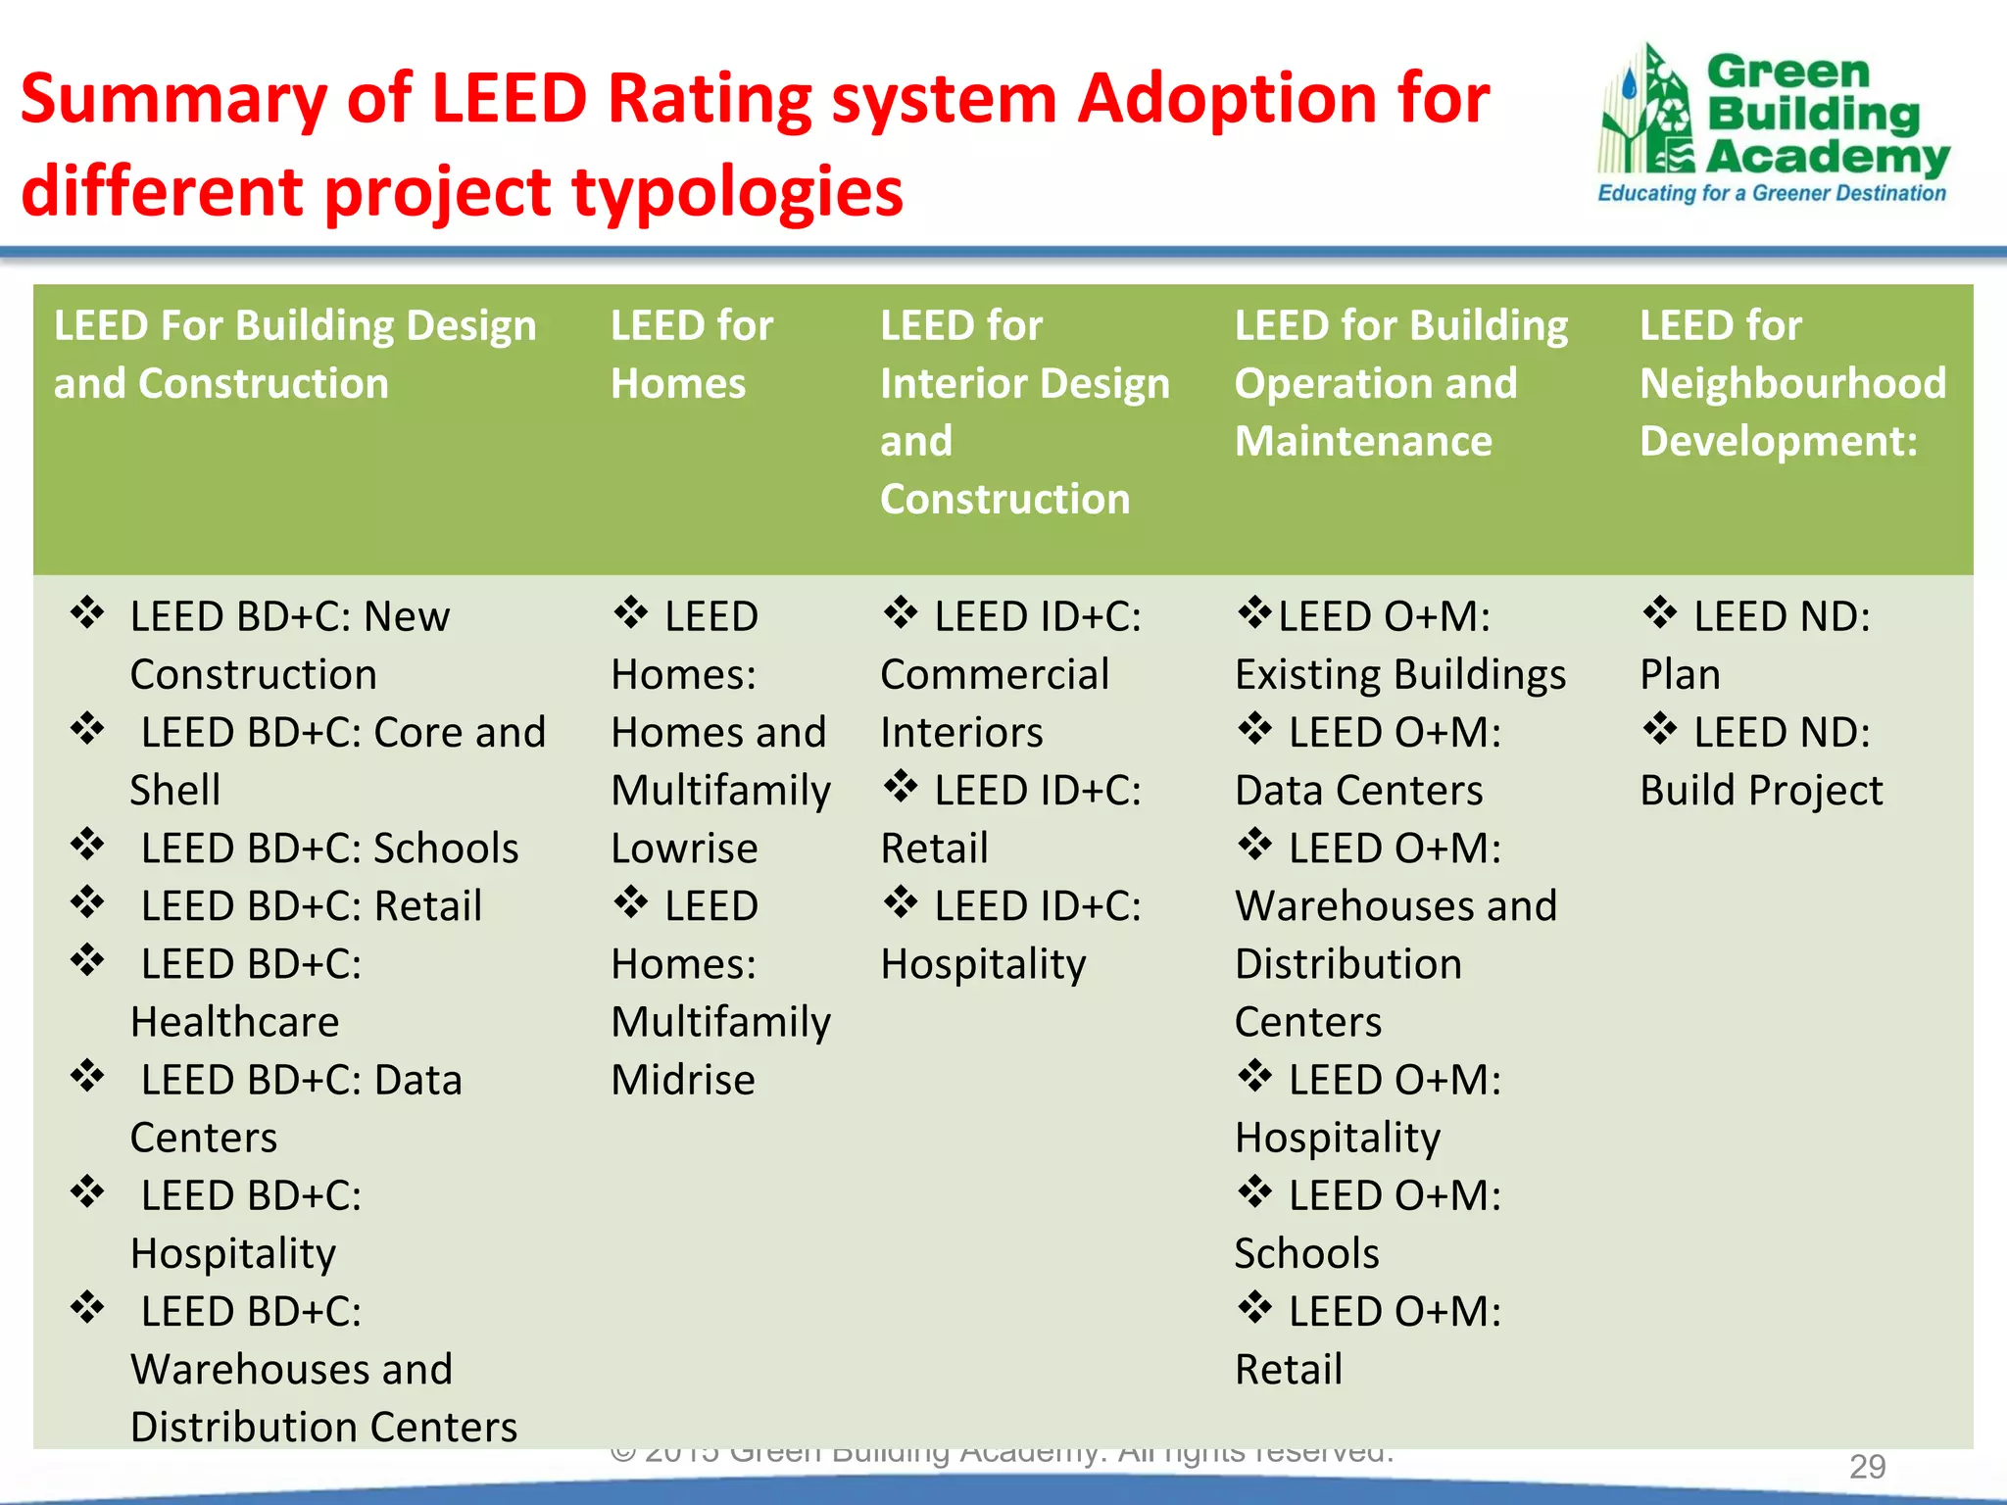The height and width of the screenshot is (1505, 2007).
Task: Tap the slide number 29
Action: pos(1867,1467)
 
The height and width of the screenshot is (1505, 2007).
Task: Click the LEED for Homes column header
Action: pos(691,354)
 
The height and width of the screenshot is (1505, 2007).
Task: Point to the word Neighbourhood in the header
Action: pos(1792,383)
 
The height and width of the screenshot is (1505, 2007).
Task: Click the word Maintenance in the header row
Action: pos(1363,441)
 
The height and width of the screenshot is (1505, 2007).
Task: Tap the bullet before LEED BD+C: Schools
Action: pos(88,845)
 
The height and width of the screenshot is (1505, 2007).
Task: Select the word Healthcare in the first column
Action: pos(235,1022)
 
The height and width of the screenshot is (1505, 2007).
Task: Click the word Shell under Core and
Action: pos(175,791)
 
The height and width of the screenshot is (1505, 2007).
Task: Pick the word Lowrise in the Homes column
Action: pos(684,849)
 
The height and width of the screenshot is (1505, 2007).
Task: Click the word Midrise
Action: pos(683,1080)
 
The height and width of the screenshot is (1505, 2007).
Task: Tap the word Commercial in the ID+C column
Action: pos(995,675)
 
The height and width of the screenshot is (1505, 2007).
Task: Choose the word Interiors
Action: pos(961,733)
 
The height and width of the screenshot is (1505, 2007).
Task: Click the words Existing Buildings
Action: pos(1400,675)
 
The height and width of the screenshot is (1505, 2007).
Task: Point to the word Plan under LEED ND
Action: pos(1680,675)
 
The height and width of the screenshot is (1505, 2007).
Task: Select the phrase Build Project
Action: pos(1761,791)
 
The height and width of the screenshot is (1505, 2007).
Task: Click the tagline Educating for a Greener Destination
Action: pos(1772,193)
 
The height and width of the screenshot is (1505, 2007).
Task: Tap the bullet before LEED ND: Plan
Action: pos(1660,613)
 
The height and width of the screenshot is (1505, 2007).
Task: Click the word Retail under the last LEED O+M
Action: pos(1289,1370)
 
